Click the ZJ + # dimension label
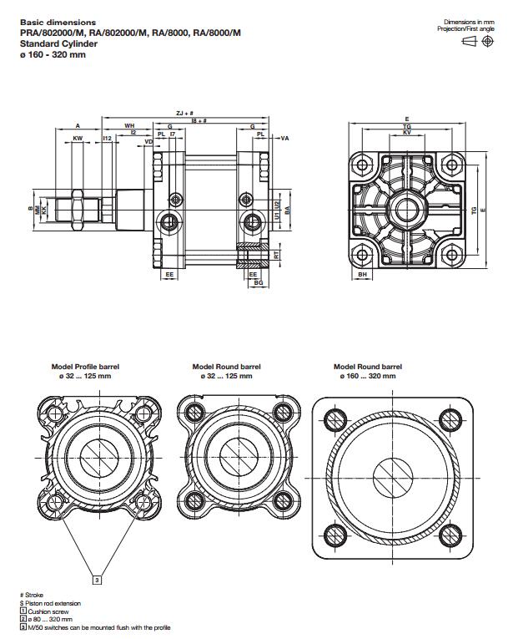[x=185, y=112]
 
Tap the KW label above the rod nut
[x=78, y=137]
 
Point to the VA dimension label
[x=284, y=137]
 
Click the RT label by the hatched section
[x=277, y=256]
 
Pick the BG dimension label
[x=259, y=283]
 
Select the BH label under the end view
[x=362, y=274]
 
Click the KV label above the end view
[x=406, y=133]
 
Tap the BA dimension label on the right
[x=287, y=210]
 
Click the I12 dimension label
[x=107, y=137]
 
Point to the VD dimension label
[x=148, y=142]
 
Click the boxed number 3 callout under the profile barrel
[x=96, y=578]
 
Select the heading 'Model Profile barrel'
[x=85, y=367]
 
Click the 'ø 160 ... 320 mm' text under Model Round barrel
[x=368, y=376]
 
